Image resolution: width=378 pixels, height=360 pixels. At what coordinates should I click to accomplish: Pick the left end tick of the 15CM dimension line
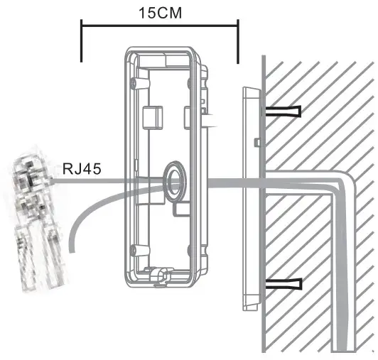82,42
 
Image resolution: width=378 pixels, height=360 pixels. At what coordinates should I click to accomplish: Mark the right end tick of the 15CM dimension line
238,42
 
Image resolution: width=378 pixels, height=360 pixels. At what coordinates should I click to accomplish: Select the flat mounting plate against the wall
249,199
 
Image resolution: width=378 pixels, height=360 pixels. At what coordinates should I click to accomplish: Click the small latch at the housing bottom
158,273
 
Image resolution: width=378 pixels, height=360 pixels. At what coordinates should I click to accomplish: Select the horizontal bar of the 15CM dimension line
160,28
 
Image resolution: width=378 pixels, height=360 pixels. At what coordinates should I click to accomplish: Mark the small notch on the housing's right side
207,112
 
